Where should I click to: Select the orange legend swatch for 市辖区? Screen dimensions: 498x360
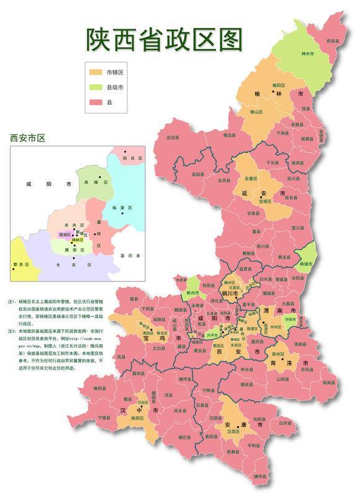(94, 73)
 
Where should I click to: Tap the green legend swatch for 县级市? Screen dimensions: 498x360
(94, 87)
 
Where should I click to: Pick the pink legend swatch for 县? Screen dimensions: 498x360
(94, 102)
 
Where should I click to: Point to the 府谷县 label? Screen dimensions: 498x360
(333, 40)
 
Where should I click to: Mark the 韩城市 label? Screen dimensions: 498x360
(306, 264)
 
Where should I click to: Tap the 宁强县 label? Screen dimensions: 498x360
(106, 417)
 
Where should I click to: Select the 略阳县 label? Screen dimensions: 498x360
(101, 388)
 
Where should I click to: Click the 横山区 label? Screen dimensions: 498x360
(256, 112)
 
